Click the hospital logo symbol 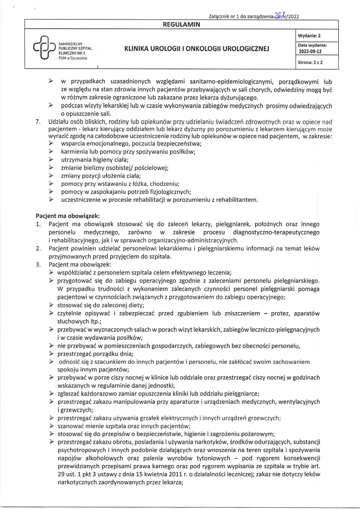click(41, 48)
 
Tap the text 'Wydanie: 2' click(310, 35)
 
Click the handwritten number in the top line click(281, 16)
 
